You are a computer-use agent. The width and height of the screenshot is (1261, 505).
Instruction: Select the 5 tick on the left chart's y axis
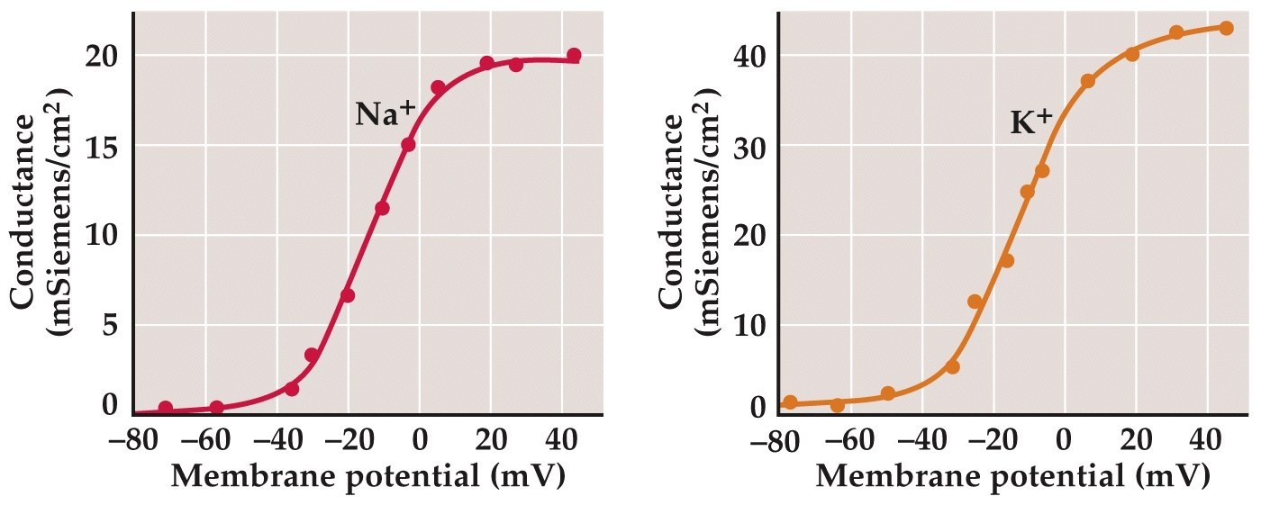tap(110, 324)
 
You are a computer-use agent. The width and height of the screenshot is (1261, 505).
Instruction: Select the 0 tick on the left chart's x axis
tap(420, 443)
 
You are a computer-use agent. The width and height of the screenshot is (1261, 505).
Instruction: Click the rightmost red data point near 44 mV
tap(574, 56)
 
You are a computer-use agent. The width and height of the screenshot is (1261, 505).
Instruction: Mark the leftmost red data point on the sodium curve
tap(165, 409)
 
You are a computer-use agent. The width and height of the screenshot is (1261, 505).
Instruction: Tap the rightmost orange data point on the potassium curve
tap(1226, 28)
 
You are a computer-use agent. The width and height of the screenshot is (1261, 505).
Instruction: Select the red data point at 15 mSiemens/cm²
tap(408, 144)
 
